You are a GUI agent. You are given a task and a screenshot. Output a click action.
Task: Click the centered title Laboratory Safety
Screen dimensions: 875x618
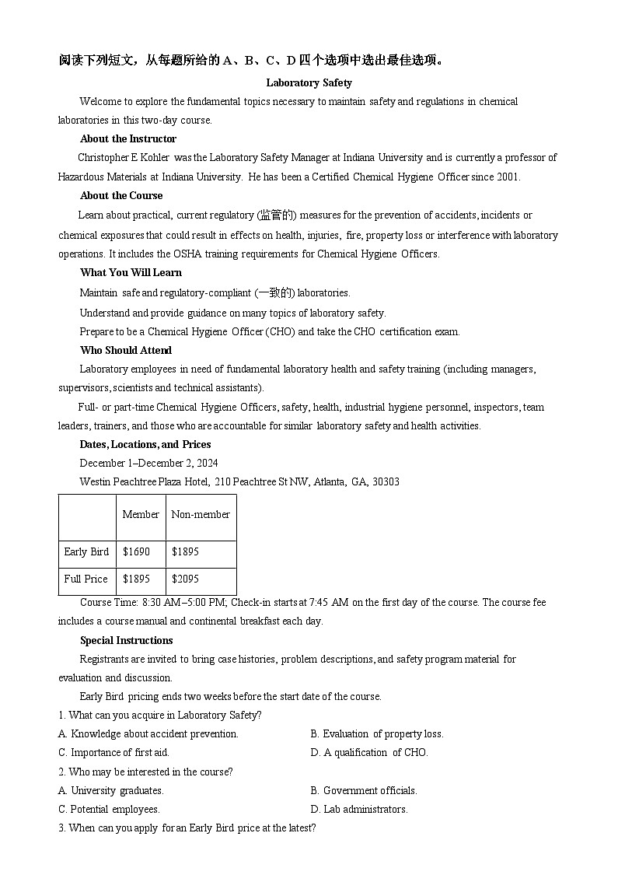pyautogui.click(x=309, y=82)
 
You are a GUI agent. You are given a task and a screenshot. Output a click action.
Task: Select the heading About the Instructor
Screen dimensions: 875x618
pyautogui.click(x=127, y=138)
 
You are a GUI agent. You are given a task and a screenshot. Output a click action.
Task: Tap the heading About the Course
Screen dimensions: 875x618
pyautogui.click(x=121, y=195)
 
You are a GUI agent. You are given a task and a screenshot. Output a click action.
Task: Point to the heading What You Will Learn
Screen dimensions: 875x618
pyautogui.click(x=131, y=272)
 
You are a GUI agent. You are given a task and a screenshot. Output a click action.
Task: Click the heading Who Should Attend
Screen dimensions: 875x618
pyautogui.click(x=126, y=350)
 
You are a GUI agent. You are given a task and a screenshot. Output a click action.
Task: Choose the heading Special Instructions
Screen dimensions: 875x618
pyautogui.click(x=126, y=640)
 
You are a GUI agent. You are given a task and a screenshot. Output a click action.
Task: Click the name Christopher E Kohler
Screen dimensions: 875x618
pyautogui.click(x=124, y=157)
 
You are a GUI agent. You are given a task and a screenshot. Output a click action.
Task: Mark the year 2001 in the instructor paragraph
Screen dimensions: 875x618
pyautogui.click(x=508, y=177)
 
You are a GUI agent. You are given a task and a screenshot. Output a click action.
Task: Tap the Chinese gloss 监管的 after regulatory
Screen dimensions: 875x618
pyautogui.click(x=277, y=215)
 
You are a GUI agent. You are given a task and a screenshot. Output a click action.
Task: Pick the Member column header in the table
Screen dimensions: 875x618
pyautogui.click(x=141, y=514)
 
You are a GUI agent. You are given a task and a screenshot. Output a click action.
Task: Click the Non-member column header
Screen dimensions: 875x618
pyautogui.click(x=201, y=514)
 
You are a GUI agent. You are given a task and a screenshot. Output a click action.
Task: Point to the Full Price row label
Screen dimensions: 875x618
pyautogui.click(x=86, y=579)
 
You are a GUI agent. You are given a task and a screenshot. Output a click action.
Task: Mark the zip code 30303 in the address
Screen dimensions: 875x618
pyautogui.click(x=386, y=481)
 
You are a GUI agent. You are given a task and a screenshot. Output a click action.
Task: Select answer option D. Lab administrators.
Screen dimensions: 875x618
pyautogui.click(x=359, y=809)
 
